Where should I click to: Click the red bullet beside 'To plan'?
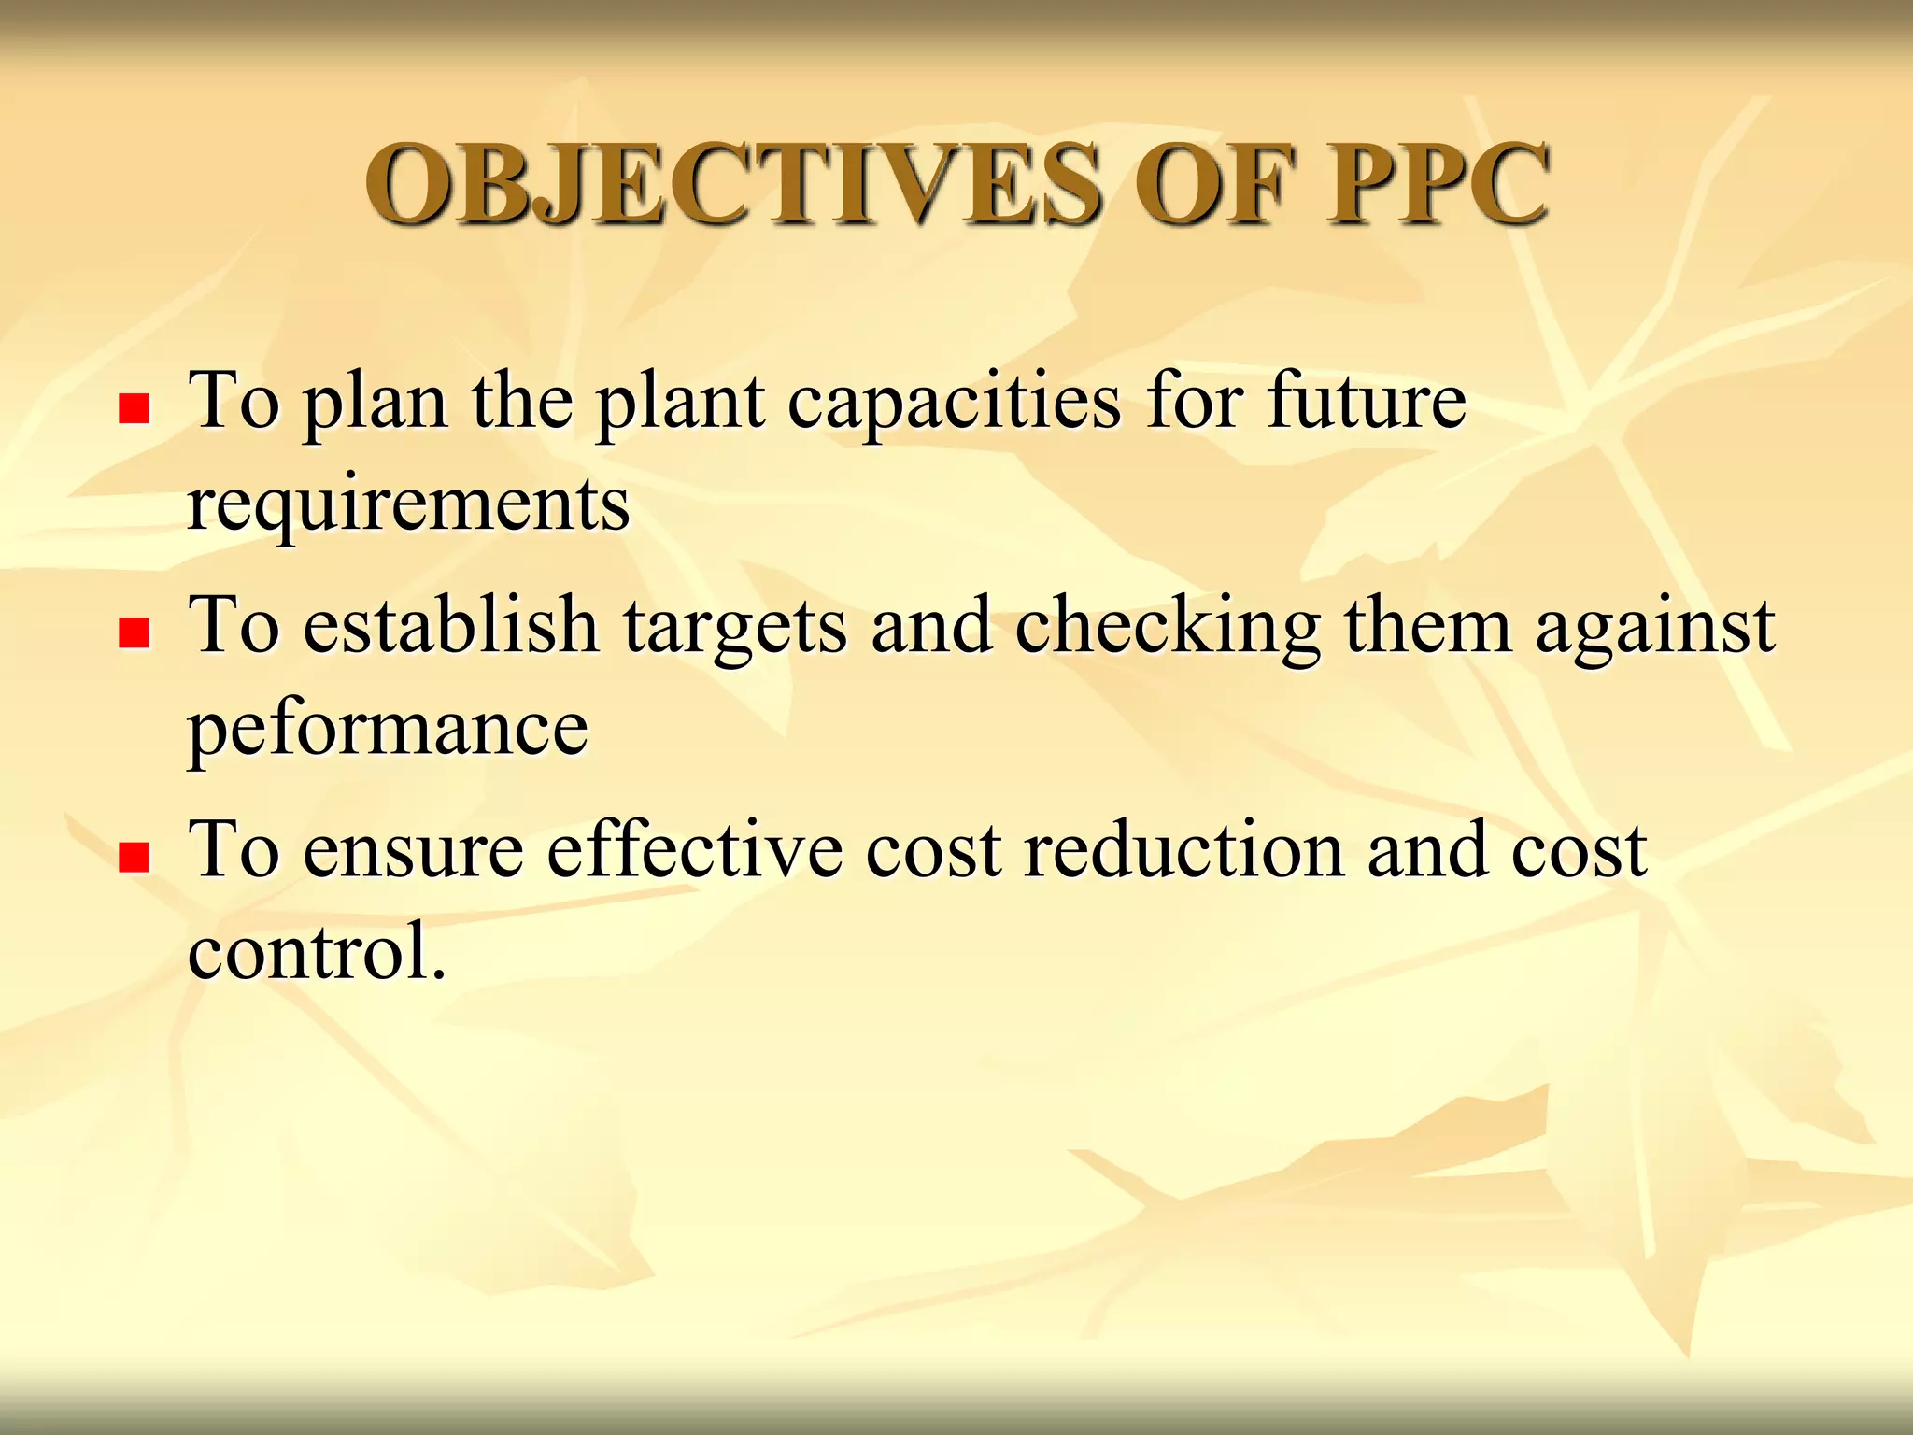tap(135, 408)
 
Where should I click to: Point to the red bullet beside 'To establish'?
tap(135, 632)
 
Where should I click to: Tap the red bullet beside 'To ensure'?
tap(135, 857)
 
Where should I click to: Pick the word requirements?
tap(409, 504)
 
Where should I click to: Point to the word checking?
tap(1168, 626)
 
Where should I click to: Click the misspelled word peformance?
tap(389, 729)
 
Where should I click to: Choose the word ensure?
tap(414, 850)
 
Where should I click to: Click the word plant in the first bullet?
tap(681, 404)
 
